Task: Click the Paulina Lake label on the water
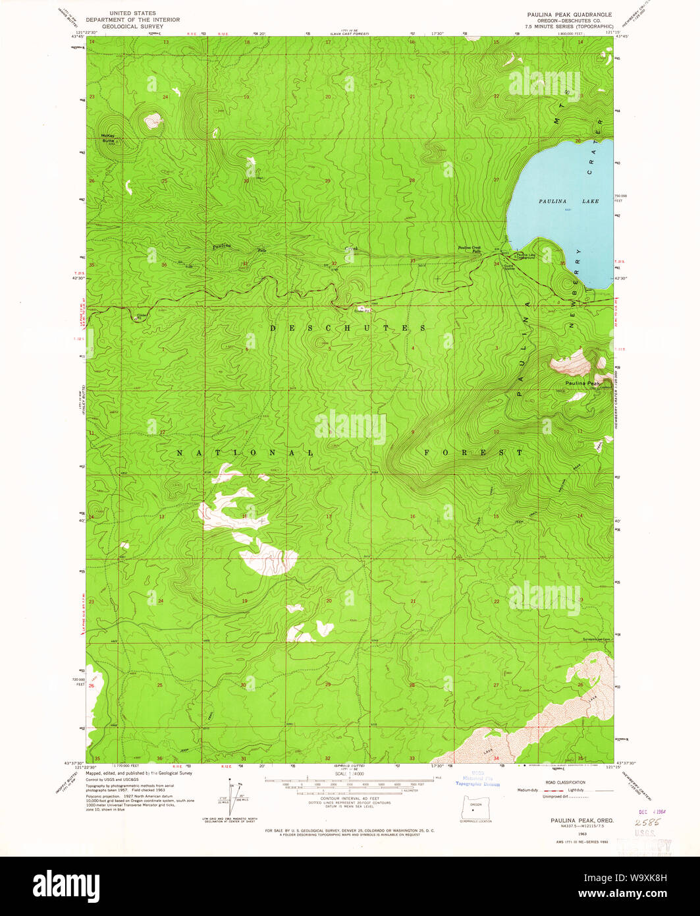568,200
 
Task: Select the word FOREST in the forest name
473,453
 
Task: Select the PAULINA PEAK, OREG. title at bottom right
573,820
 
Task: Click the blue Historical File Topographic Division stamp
477,780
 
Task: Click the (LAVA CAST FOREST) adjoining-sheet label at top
349,33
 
